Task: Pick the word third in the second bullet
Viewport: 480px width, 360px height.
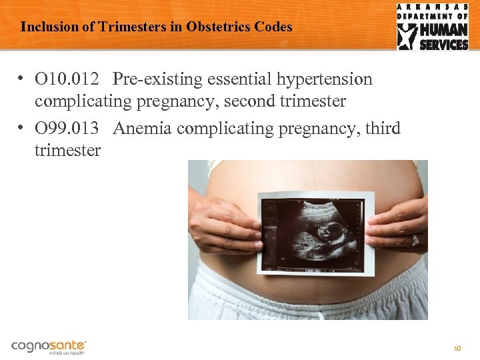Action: coord(383,128)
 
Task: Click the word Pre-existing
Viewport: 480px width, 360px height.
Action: coord(154,79)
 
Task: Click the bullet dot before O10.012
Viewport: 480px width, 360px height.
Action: coord(22,79)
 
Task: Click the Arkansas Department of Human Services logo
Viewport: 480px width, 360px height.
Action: coord(433,27)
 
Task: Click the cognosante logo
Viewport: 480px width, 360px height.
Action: coord(49,347)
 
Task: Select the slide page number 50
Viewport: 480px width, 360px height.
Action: coord(457,348)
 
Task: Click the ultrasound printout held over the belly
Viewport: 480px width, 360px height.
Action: coord(311,232)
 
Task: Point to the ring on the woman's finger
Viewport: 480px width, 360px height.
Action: coord(415,240)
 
